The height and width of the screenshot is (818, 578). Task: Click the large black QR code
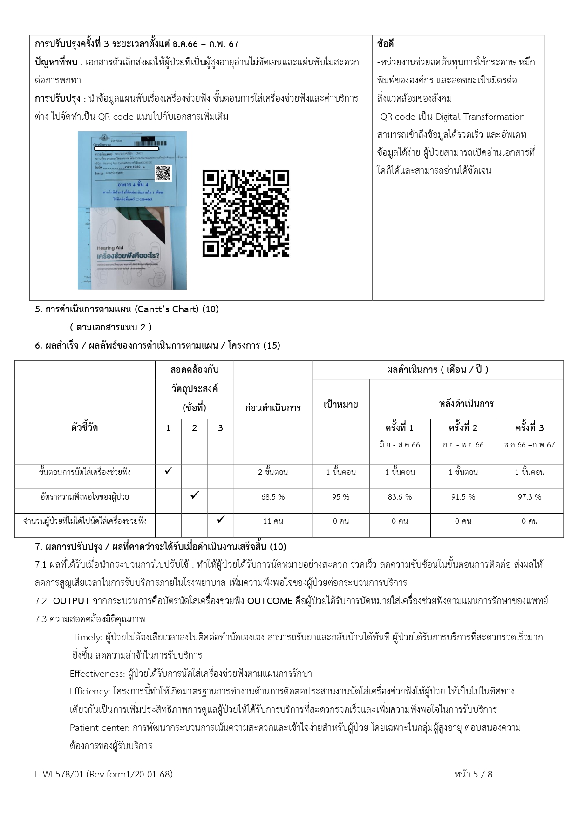(245, 213)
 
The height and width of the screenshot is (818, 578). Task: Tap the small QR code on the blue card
(163, 173)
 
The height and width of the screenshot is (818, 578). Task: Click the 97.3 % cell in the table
(530, 497)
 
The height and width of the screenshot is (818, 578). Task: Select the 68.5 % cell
(273, 497)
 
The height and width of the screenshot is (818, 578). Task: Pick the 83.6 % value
(400, 497)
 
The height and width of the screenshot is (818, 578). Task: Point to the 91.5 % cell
(463, 497)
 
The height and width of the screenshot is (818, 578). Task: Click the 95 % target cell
(340, 497)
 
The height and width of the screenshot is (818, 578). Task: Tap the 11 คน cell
(273, 521)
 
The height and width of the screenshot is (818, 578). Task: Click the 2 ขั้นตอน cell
(273, 472)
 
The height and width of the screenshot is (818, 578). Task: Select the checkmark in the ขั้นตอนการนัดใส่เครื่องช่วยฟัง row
(169, 471)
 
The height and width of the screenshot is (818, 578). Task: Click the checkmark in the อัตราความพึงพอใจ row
(195, 495)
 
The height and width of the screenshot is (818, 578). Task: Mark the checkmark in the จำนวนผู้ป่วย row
(221, 519)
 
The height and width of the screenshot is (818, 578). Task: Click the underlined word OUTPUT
(71, 601)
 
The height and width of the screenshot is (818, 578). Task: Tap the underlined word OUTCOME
(270, 601)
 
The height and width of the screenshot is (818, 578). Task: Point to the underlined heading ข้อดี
(385, 44)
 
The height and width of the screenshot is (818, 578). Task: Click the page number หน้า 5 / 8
(473, 774)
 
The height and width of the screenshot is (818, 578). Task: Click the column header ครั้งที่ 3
(530, 428)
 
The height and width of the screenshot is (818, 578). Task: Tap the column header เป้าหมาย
(340, 405)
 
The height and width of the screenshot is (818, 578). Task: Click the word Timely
(87, 637)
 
